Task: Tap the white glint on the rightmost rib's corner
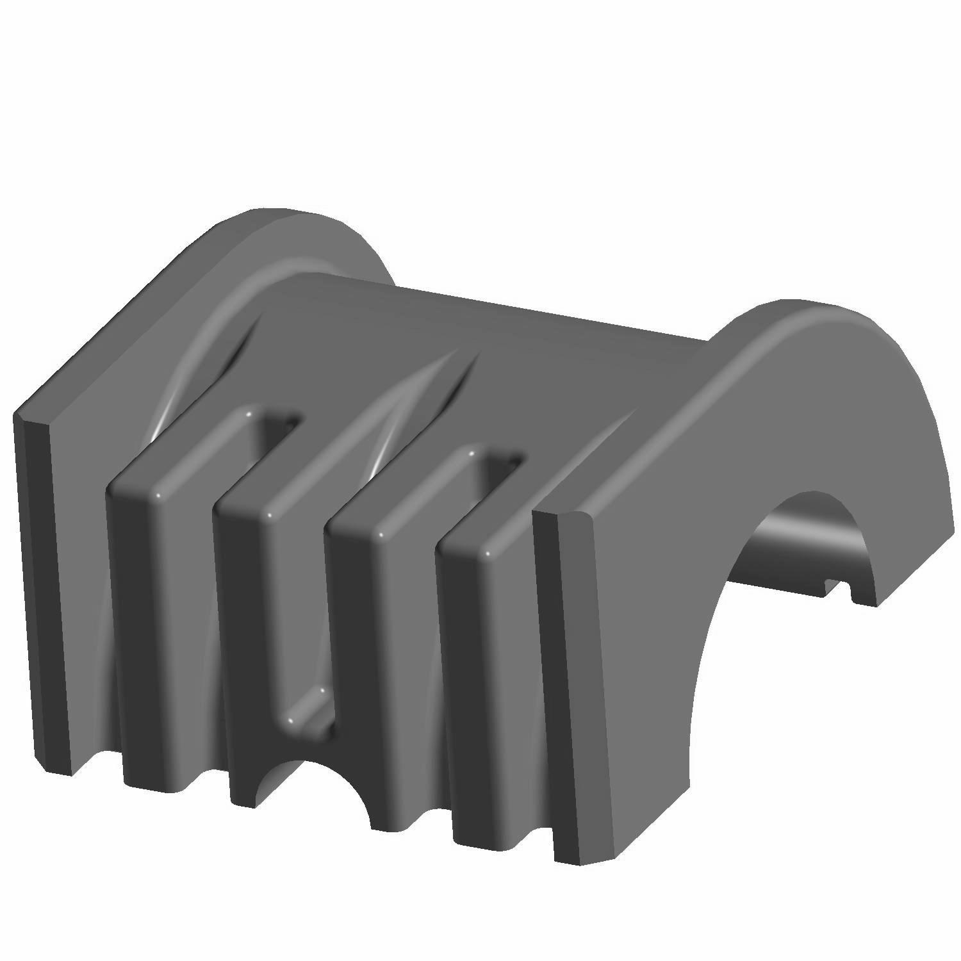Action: pos(488,552)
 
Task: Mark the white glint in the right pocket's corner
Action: pos(472,452)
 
